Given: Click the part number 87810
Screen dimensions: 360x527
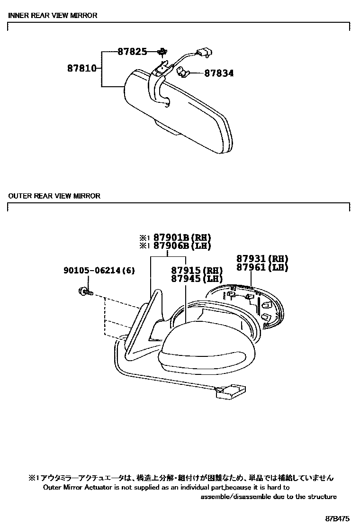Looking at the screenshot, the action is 81,68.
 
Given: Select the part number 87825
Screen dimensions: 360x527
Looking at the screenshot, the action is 132,52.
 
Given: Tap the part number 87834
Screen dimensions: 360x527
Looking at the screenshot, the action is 219,73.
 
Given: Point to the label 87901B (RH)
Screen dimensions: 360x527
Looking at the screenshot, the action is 182,238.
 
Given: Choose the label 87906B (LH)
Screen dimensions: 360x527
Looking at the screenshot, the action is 182,246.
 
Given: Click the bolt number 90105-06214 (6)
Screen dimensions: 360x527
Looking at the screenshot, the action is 99,271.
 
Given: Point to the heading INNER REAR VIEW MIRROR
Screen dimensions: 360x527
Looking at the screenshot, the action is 53,15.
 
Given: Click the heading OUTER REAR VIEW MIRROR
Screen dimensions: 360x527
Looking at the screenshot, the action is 54,196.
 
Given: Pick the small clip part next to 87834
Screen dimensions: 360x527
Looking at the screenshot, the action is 183,72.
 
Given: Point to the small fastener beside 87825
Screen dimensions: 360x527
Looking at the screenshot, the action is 162,52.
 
